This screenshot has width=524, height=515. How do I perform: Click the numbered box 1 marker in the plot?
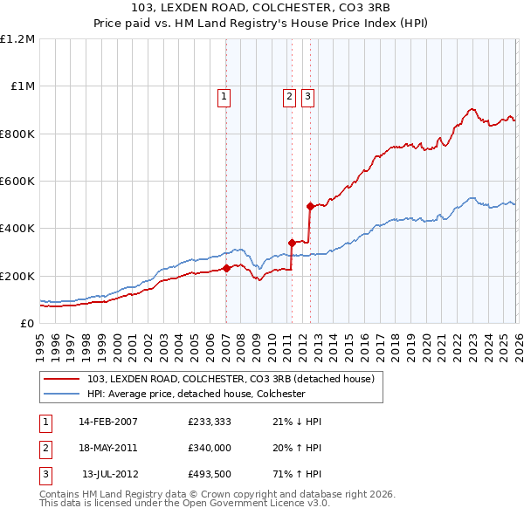[x=224, y=98]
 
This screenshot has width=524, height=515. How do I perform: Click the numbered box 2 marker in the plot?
[x=290, y=98]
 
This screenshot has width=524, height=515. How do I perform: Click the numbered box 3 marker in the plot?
[x=308, y=98]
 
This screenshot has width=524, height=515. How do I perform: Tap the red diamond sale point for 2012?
[x=309, y=207]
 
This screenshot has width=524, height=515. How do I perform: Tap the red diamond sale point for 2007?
[x=226, y=268]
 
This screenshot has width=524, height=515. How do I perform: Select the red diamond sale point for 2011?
[x=292, y=243]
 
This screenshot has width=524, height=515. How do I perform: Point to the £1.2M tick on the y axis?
[x=17, y=39]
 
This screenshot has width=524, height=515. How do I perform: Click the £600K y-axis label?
[x=17, y=182]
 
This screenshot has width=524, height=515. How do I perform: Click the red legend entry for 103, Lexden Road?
[x=231, y=379]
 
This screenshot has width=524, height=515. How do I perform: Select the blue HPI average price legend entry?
[x=196, y=394]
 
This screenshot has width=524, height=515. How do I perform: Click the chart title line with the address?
[x=261, y=7]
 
